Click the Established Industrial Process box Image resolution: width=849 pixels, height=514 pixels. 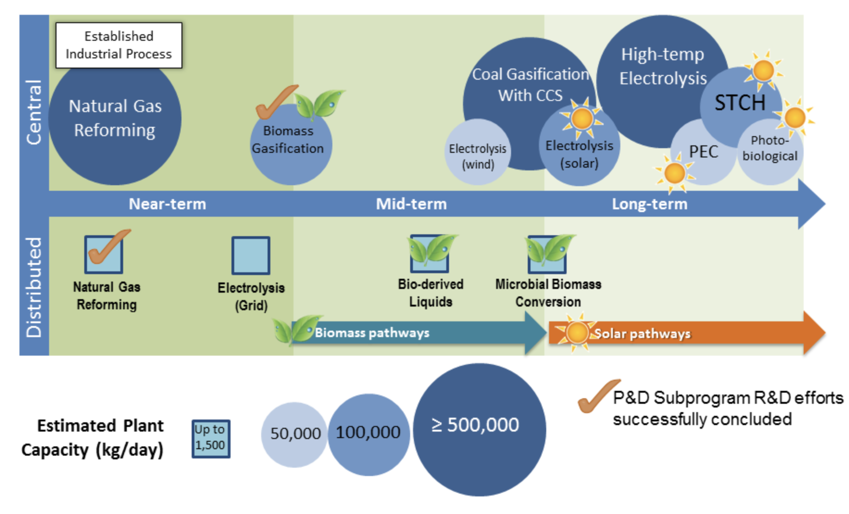[x=119, y=45]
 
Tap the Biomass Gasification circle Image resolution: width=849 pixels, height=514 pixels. [x=291, y=144]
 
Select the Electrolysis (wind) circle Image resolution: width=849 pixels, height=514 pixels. [x=478, y=152]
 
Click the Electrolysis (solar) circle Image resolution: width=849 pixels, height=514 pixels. [x=579, y=146]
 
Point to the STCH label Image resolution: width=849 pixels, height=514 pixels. [x=740, y=103]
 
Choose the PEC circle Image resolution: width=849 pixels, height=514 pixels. [x=703, y=152]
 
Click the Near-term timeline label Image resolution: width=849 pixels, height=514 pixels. [x=167, y=204]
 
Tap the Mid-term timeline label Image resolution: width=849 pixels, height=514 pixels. [x=411, y=204]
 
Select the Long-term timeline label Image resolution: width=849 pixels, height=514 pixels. [x=649, y=204]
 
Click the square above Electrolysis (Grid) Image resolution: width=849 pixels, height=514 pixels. [x=251, y=256]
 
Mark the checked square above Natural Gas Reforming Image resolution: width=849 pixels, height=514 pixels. [x=104, y=254]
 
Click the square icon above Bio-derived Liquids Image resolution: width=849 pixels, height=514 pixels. [x=430, y=254]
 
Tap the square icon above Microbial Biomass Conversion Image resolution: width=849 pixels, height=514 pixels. [x=547, y=254]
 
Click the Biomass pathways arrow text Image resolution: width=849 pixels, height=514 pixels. [x=372, y=333]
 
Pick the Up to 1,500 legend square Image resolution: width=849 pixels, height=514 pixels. [x=211, y=439]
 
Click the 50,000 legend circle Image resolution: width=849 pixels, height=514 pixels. [x=294, y=434]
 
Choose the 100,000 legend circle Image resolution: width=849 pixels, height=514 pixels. [x=368, y=434]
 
